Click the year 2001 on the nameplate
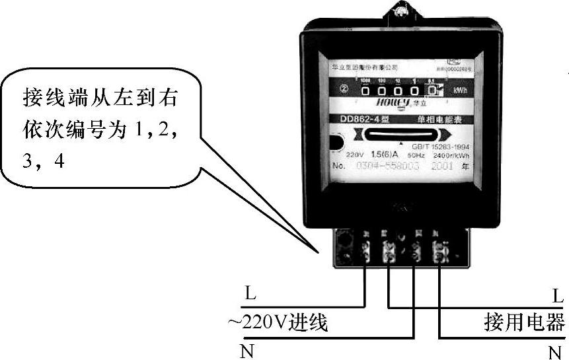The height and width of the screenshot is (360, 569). [x=441, y=165]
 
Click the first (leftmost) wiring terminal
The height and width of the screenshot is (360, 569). [x=365, y=250]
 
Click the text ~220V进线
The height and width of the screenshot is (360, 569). [x=278, y=324]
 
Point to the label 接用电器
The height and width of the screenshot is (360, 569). [x=524, y=323]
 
